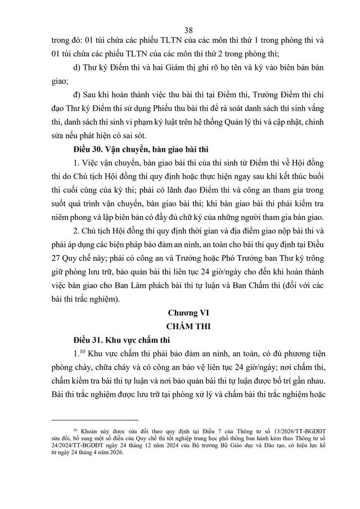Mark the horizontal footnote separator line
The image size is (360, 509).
[x=94, y=420]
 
